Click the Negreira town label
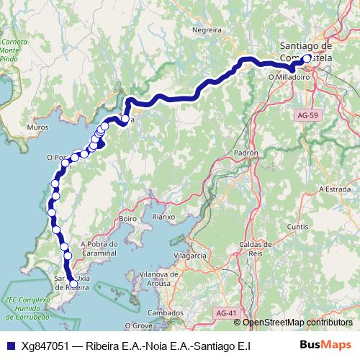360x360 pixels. (207, 30)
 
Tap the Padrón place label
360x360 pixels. (246, 153)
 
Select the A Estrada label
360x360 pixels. (334, 189)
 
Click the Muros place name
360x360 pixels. (37, 127)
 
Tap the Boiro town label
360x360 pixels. (128, 218)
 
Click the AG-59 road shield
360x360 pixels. (307, 114)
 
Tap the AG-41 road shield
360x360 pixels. (225, 312)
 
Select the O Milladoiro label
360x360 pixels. (288, 75)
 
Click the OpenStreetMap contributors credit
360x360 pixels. (297, 323)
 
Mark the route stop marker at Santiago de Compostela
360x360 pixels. (306, 59)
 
